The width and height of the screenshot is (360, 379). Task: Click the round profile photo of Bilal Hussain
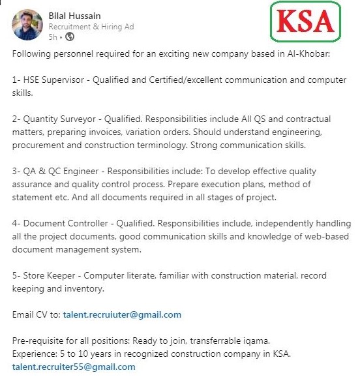[x=27, y=25]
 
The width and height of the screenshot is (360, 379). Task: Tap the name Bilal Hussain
[x=75, y=15]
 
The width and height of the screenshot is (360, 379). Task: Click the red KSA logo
[x=306, y=23]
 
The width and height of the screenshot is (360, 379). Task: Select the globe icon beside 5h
[x=70, y=37]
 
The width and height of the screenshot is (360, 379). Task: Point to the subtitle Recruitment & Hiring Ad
[x=92, y=26]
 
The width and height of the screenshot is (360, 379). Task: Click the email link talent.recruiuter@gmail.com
[x=122, y=314]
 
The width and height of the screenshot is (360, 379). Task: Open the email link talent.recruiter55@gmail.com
[x=74, y=367]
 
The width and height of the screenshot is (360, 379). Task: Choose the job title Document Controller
[x=64, y=223]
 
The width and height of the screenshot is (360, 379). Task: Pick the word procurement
[x=42, y=145]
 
